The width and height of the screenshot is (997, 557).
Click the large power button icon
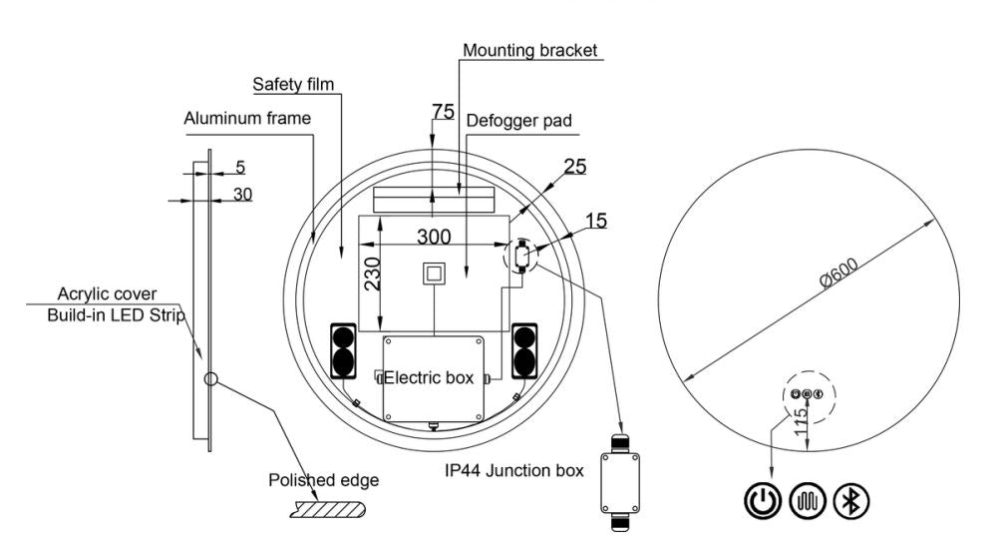[x=763, y=500]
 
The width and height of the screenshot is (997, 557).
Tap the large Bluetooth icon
[x=850, y=500]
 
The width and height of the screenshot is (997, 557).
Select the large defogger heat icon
[x=808, y=500]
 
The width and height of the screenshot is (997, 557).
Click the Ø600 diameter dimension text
[x=839, y=273]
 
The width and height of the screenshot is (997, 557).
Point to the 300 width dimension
[x=434, y=237]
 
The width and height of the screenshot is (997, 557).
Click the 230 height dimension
[x=372, y=274]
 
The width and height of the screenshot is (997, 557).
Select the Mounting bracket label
[x=529, y=50]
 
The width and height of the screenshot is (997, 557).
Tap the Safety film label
[x=293, y=84]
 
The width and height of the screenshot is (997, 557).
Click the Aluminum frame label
[x=247, y=118]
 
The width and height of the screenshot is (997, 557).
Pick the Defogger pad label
[x=518, y=121]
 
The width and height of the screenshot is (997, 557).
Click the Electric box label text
[x=429, y=378]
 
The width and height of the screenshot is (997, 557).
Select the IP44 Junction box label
[x=513, y=470]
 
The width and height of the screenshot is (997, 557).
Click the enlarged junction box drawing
[x=620, y=482]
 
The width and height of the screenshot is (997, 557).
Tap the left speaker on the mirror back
[x=343, y=350]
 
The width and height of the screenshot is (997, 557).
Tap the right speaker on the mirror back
[x=524, y=350]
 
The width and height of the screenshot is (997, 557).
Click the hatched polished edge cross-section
[x=329, y=509]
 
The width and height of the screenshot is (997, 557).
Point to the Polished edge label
[x=323, y=480]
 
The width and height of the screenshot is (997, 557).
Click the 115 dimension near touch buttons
[x=801, y=422]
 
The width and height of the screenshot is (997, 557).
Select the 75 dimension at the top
[x=444, y=112]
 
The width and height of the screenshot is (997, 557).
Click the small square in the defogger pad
[x=434, y=274]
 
